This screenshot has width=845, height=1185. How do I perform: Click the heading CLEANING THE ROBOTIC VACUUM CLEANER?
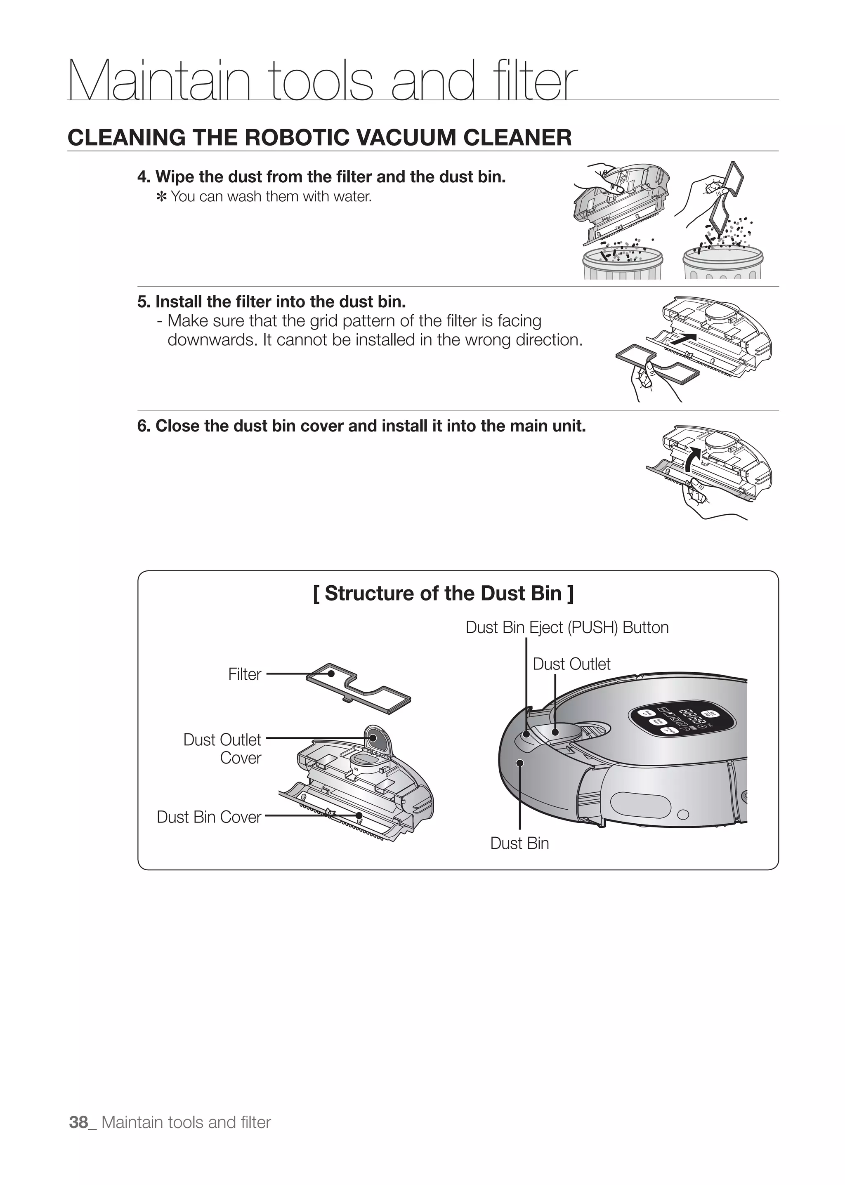pos(319,137)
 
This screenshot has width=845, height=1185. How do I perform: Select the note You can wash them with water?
pos(271,197)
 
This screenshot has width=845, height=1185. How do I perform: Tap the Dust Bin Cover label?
pos(209,817)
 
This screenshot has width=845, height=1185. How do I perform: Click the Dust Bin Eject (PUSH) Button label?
pos(566,627)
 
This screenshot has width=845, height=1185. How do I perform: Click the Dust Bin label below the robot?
pos(519,843)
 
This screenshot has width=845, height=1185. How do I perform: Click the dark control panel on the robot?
pos(682,721)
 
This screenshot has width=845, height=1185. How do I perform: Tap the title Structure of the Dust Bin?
pos(443,593)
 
